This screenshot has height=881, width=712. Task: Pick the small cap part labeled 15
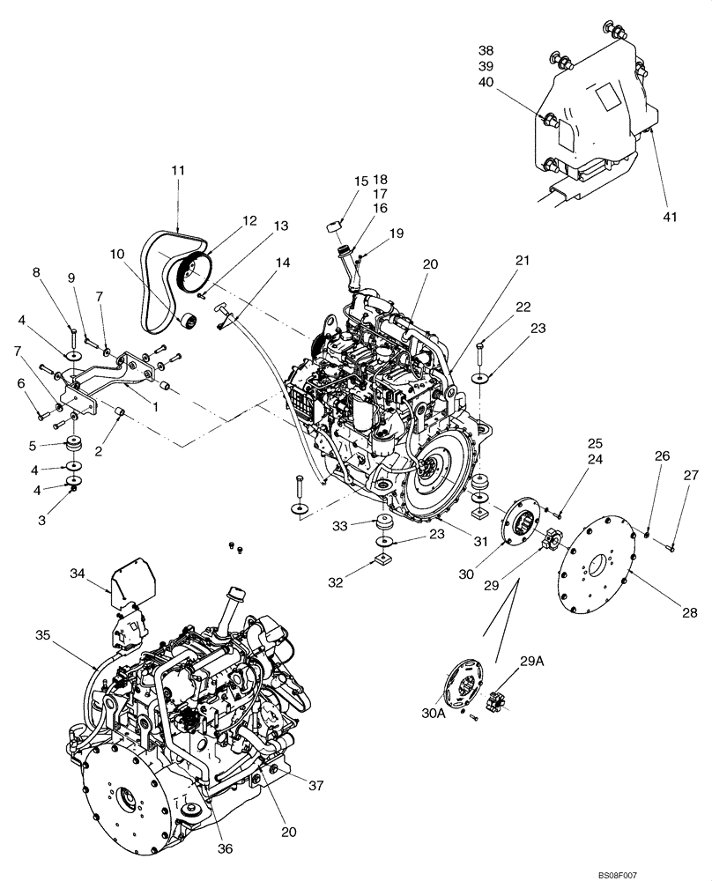[x=334, y=226]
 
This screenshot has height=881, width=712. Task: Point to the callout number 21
[x=523, y=261]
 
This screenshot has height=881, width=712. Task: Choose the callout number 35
[x=43, y=633]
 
